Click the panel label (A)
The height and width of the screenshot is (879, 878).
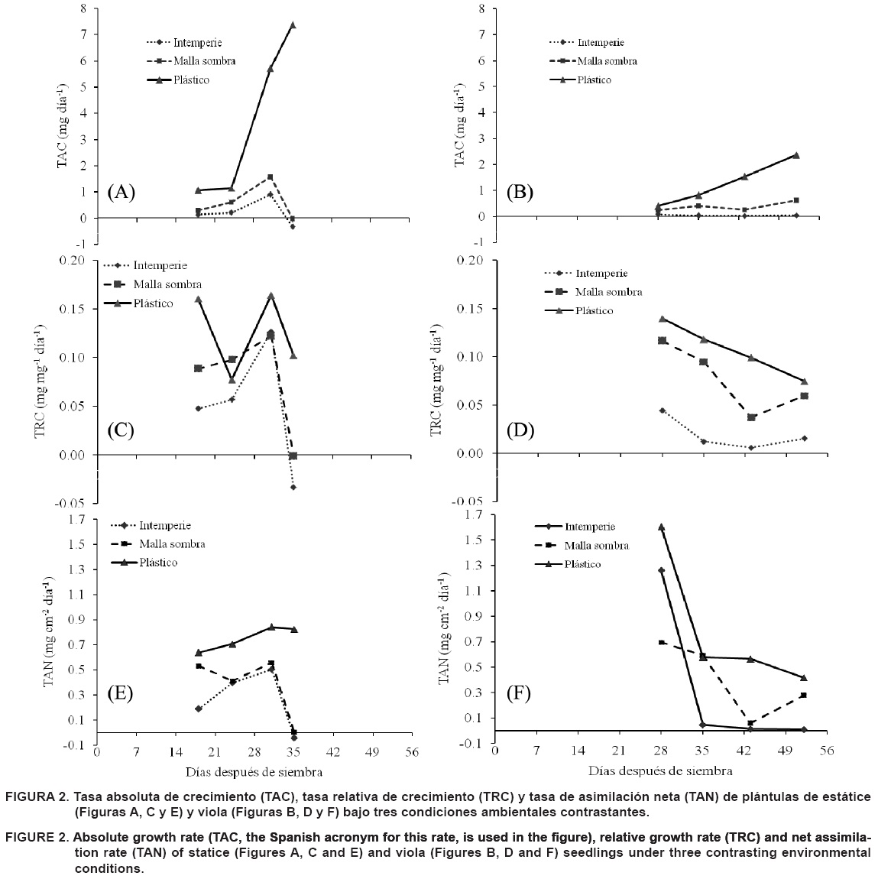[121, 191]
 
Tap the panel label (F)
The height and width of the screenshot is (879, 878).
[520, 693]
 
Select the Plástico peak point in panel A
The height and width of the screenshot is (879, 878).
[293, 25]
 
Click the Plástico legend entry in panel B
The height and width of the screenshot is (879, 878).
[594, 79]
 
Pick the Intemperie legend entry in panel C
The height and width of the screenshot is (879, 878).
[160, 265]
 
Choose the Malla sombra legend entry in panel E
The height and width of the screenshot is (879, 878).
[171, 544]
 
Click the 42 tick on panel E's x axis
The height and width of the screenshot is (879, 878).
[333, 751]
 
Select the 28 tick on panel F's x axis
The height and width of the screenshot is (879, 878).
[661, 751]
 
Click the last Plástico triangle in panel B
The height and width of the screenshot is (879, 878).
[795, 155]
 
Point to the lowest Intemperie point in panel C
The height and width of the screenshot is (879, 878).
[293, 487]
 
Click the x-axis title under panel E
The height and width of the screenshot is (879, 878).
[254, 770]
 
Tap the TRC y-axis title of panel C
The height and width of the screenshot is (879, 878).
[40, 382]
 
